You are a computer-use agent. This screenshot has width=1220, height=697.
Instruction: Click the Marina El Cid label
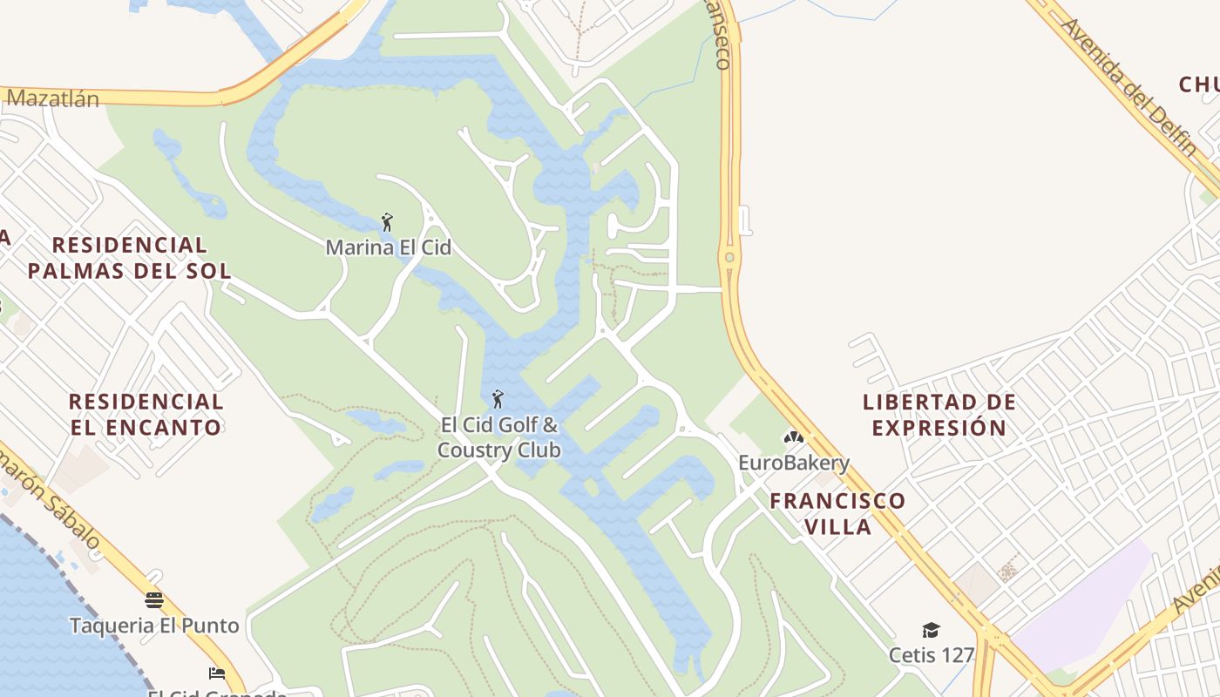[388, 247]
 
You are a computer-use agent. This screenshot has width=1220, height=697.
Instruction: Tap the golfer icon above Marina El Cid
[388, 222]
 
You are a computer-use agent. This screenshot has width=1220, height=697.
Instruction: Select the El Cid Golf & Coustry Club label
[498, 437]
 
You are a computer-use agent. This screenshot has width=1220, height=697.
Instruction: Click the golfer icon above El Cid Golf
[498, 399]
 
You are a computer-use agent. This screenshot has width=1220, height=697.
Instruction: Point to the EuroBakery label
[793, 463]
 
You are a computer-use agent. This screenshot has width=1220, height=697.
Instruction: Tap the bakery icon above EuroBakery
[793, 437]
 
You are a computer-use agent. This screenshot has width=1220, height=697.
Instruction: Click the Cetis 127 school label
[931, 653]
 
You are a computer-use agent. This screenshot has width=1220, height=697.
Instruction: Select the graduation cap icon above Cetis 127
[931, 630]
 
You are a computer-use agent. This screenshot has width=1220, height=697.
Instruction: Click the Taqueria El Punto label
[154, 626]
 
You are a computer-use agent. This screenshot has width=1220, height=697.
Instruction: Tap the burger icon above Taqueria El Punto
[154, 600]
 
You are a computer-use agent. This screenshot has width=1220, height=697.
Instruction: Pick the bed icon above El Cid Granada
[217, 673]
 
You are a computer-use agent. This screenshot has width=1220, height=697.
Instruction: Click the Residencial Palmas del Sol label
[129, 257]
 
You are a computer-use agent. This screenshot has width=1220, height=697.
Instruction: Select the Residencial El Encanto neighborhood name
[146, 414]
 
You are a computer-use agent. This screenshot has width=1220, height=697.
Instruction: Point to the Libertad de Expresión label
[939, 415]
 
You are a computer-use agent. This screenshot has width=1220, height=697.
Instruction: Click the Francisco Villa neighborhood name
[837, 513]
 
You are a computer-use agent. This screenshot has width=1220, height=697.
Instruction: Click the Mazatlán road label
[52, 98]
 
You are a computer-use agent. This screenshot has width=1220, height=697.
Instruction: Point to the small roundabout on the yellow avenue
[729, 258]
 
